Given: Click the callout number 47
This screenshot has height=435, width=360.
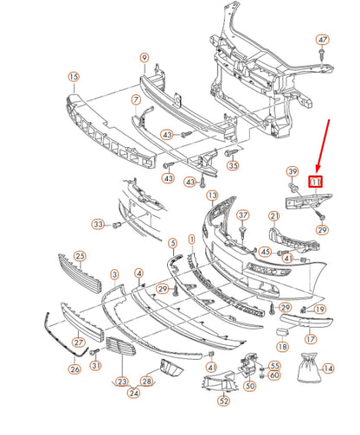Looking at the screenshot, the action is [x=323, y=40].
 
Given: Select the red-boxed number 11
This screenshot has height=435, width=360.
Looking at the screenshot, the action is [x=316, y=182].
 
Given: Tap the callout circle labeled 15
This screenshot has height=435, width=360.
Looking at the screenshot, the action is [x=74, y=77].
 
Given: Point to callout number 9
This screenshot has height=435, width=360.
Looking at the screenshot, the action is [x=145, y=58].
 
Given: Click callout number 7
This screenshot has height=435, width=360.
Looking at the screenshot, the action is [x=136, y=100].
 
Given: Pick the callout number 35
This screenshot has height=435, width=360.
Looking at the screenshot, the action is [x=233, y=165].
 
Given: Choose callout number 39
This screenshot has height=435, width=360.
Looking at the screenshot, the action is [x=292, y=172].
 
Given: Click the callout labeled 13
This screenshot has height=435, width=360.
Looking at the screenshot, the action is [x=213, y=195].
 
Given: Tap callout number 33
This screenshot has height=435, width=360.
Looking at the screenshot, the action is [x=98, y=224].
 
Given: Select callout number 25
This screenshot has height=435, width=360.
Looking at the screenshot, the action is [x=80, y=256].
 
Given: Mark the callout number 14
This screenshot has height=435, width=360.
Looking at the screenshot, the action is [x=328, y=368].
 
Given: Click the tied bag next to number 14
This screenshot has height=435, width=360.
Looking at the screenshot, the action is [x=308, y=368].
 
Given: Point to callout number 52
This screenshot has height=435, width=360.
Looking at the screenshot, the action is [x=224, y=400].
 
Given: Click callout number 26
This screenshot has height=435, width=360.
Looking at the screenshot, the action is [x=74, y=369].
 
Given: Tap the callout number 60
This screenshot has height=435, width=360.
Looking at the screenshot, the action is [x=274, y=375].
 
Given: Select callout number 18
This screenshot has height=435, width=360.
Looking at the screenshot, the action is [x=283, y=346].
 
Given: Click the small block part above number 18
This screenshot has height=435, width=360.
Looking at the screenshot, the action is [x=282, y=332].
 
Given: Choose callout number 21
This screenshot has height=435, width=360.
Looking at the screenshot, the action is [x=274, y=216].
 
